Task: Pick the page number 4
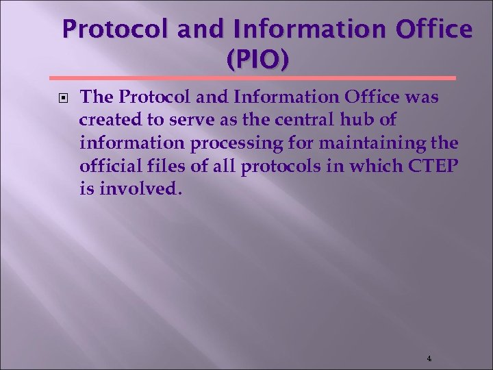(429, 358)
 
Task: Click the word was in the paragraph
(422, 98)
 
